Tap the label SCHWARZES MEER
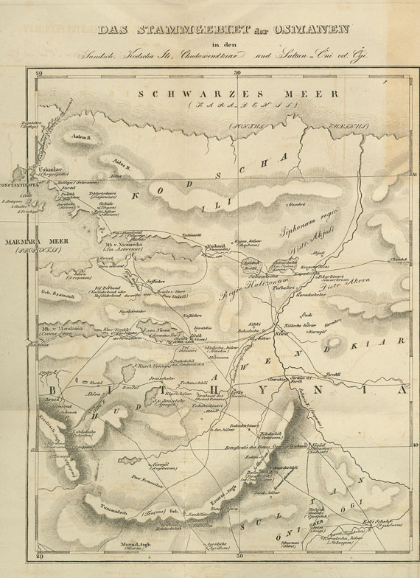238,94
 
